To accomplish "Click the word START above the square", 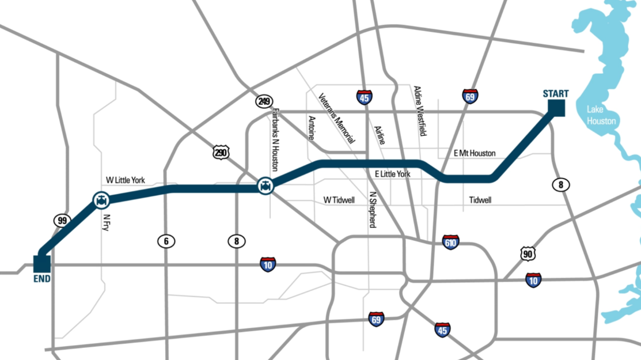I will [x=556, y=94].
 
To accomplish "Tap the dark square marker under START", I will [x=556, y=108].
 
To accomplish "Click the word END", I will [x=42, y=279].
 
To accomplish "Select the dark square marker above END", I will [x=42, y=263].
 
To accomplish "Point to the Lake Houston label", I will [x=601, y=115].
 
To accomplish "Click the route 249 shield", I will [x=264, y=102].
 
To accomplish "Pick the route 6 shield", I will [x=166, y=241].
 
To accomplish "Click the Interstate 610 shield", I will [x=451, y=242].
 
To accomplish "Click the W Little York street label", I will [x=126, y=180].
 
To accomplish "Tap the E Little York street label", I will [x=392, y=173].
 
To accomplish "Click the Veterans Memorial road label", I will [x=337, y=118].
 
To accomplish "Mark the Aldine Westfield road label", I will [x=420, y=111].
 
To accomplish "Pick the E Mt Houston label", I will [x=475, y=153].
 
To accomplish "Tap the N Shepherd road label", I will [x=373, y=210].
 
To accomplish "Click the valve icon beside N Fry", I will [x=101, y=200].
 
